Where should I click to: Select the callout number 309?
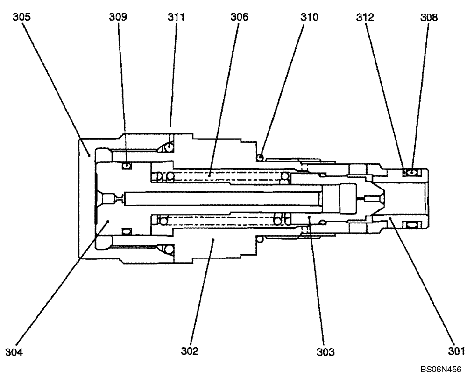[119, 17]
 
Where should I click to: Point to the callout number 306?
[239, 17]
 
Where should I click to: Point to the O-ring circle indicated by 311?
[169, 147]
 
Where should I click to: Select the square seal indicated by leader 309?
[126, 165]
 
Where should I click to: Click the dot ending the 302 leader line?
[213, 241]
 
